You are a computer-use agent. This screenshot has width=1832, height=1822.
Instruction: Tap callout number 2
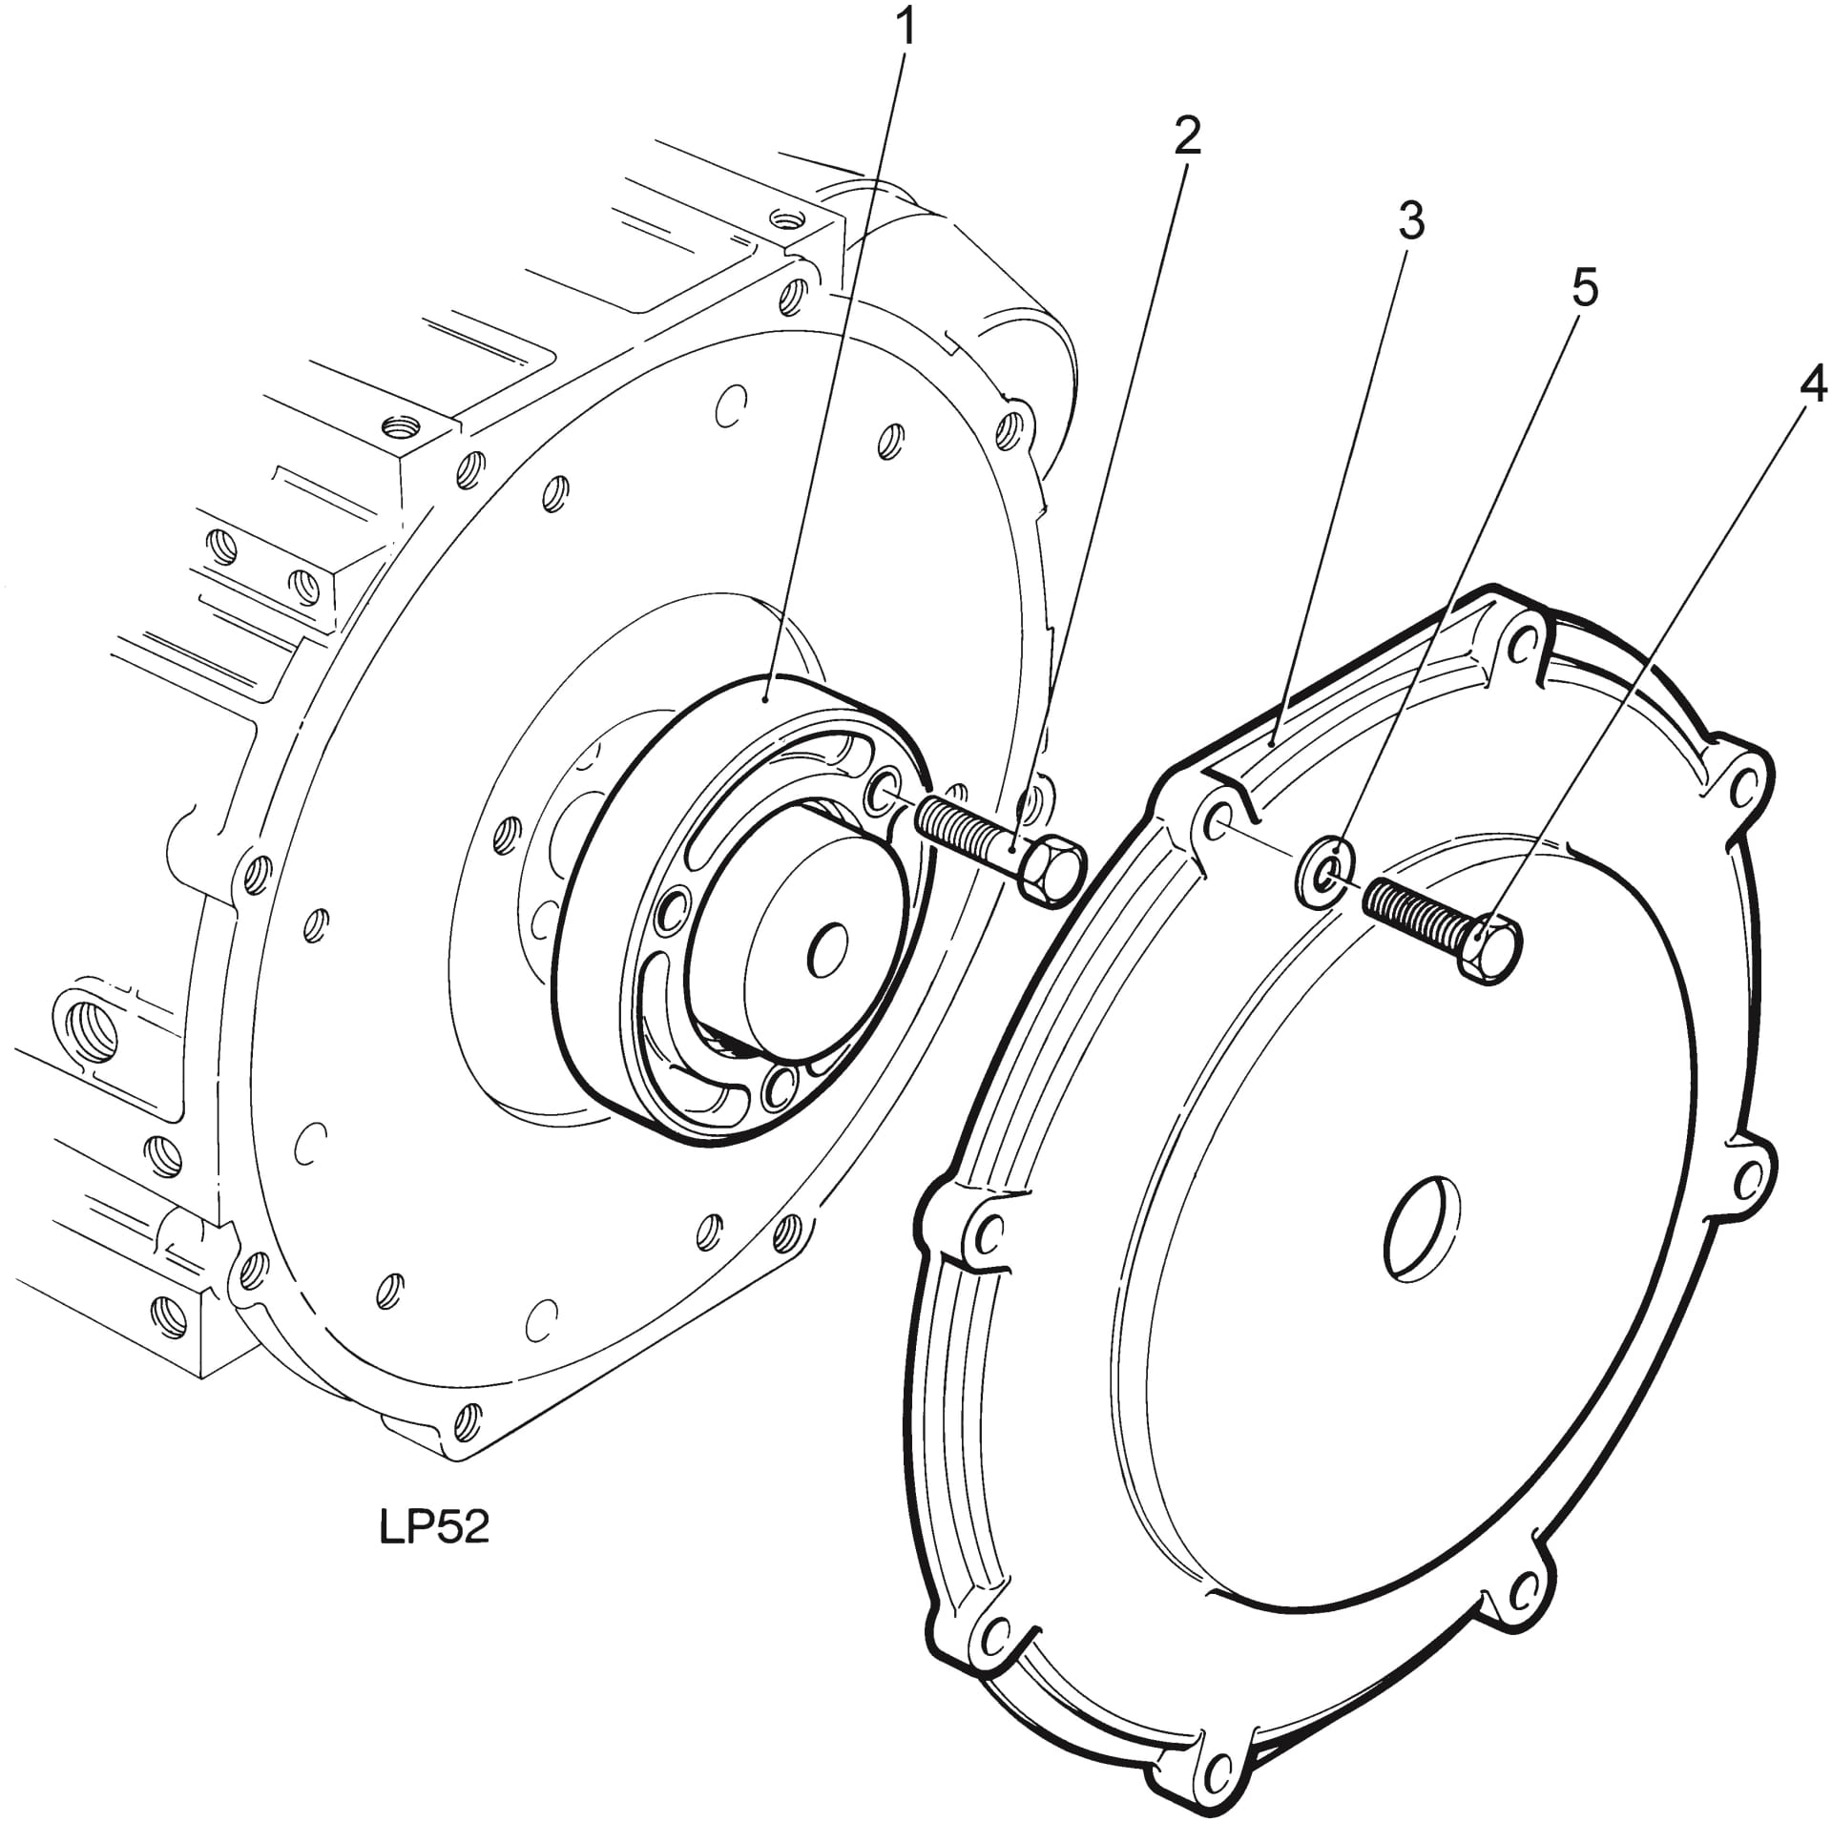pyautogui.click(x=1186, y=139)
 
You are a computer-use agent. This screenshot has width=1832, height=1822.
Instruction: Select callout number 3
pyautogui.click(x=1410, y=221)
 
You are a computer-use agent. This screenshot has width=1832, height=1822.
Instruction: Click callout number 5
pyautogui.click(x=1584, y=290)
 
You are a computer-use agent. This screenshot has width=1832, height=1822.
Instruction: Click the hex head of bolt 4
pyautogui.click(x=1488, y=948)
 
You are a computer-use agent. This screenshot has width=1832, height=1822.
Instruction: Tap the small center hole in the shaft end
pyautogui.click(x=828, y=949)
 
